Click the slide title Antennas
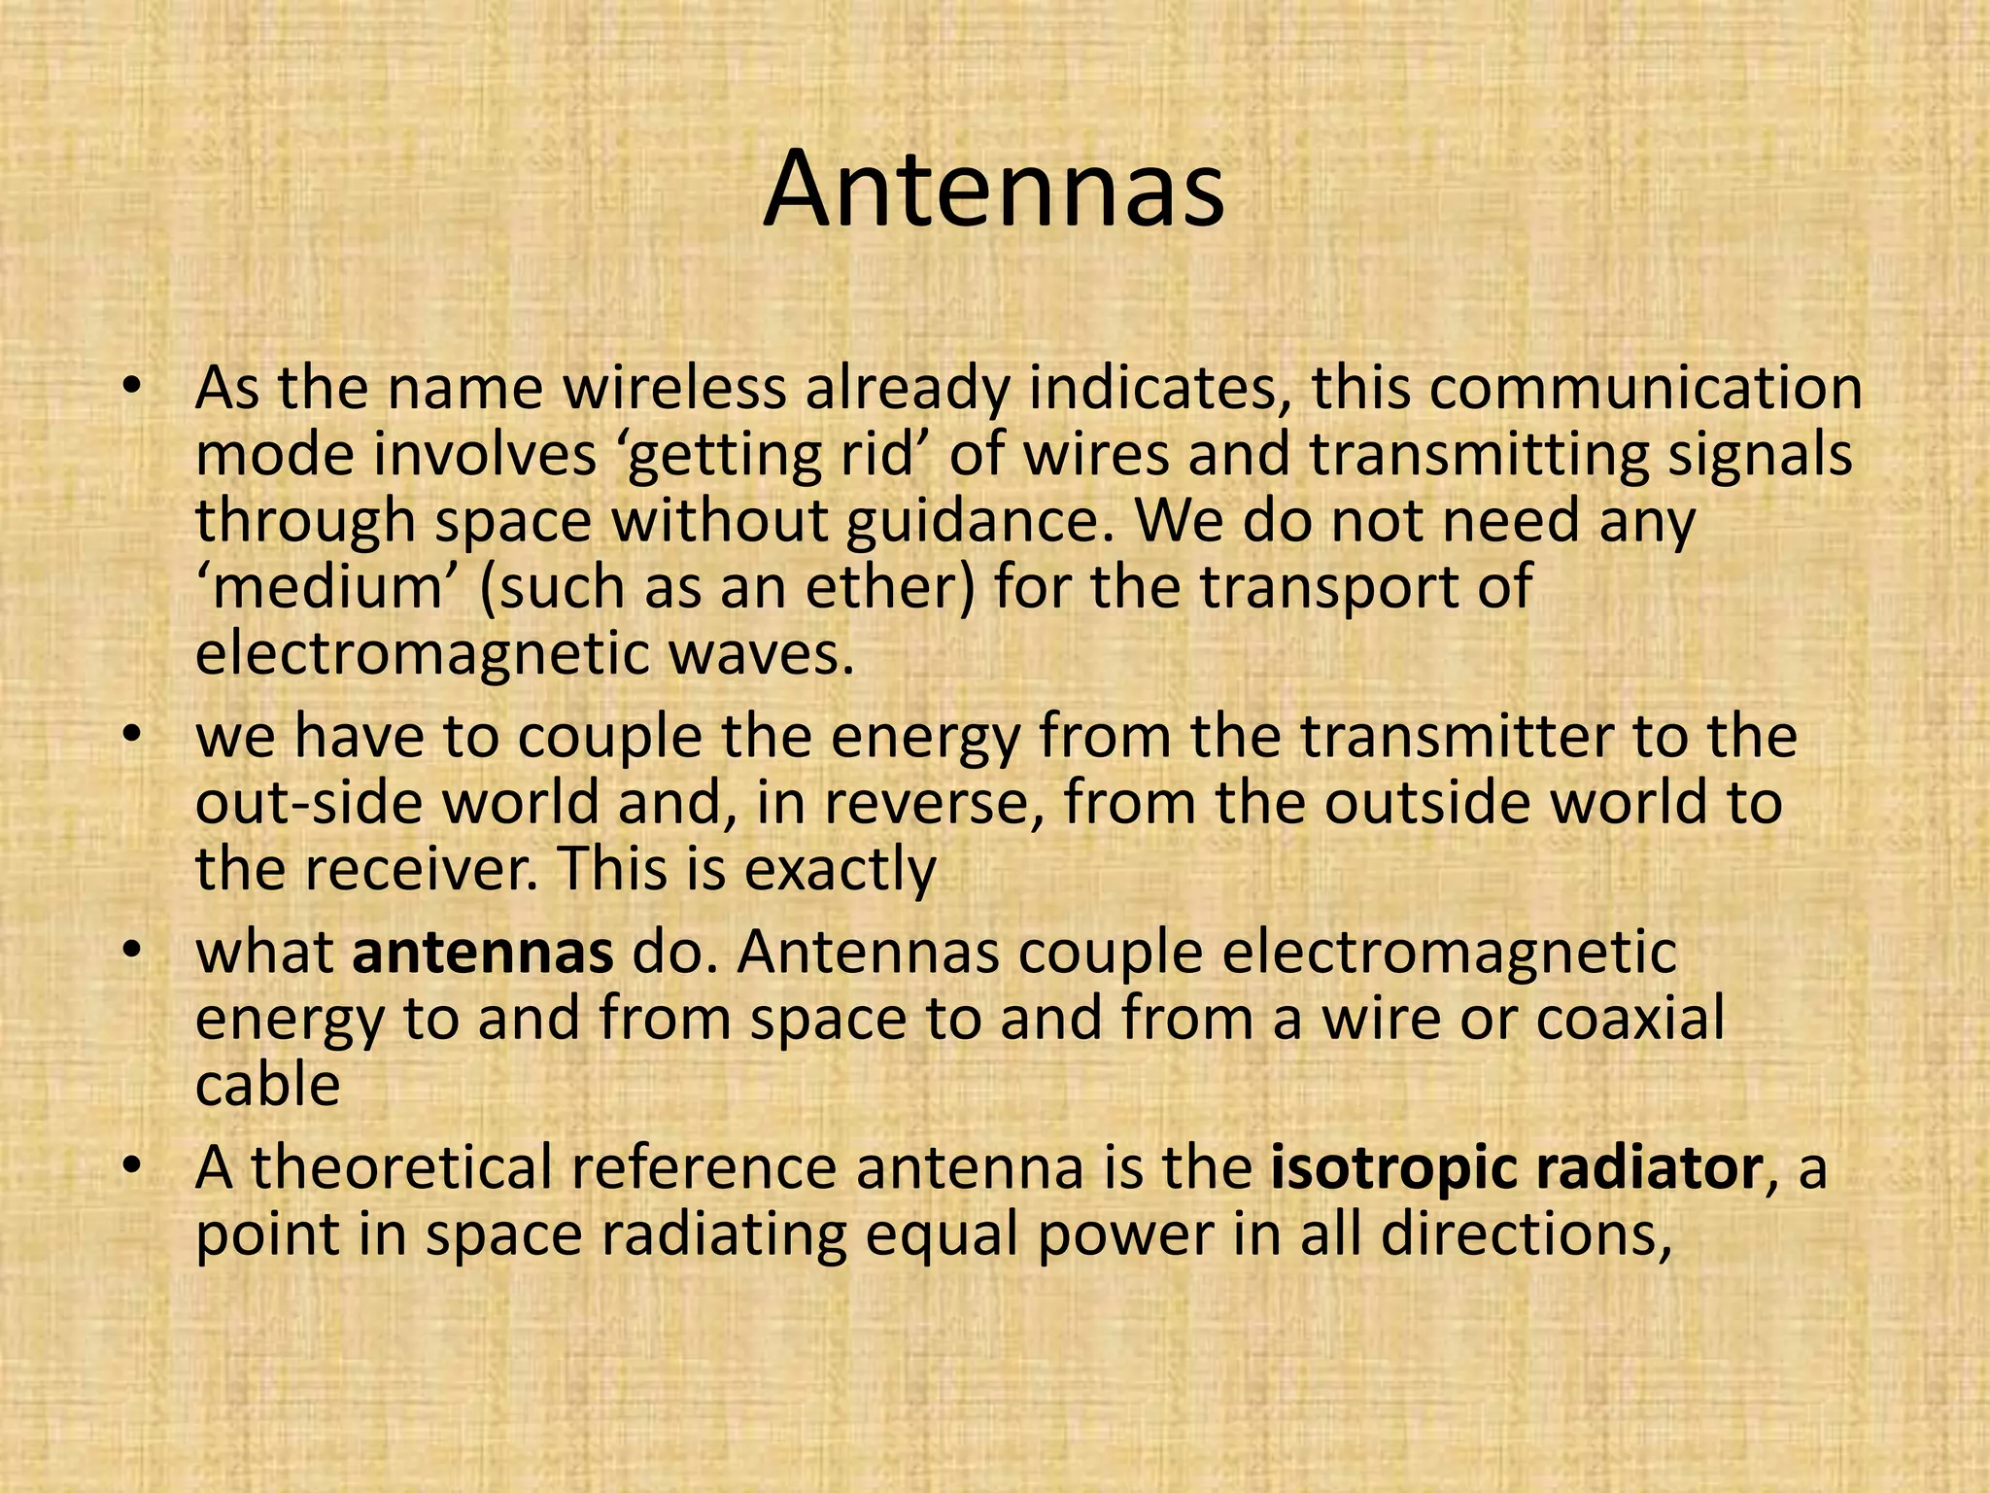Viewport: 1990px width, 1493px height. tap(993, 190)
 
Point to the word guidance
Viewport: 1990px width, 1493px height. tap(980, 522)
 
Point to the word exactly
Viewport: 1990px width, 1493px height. tap(841, 869)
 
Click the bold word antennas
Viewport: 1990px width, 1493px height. tap(483, 953)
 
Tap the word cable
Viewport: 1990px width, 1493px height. tap(267, 1085)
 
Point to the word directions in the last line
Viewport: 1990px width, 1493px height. tap(1526, 1234)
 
